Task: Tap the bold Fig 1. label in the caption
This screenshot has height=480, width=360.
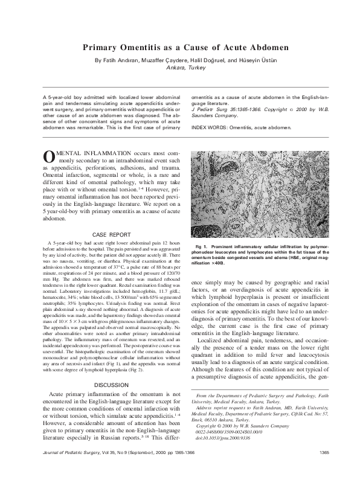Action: [202, 248]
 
